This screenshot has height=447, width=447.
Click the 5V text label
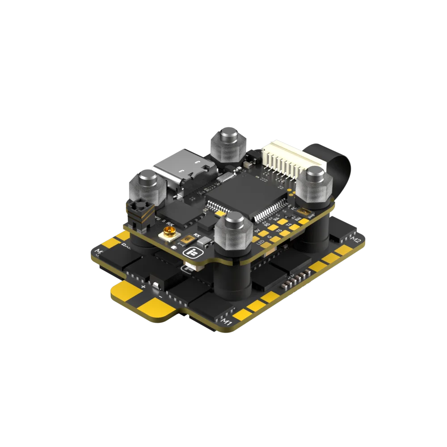point(257,231)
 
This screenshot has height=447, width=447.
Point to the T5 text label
point(279,231)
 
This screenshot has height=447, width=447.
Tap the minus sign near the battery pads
point(160,295)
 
